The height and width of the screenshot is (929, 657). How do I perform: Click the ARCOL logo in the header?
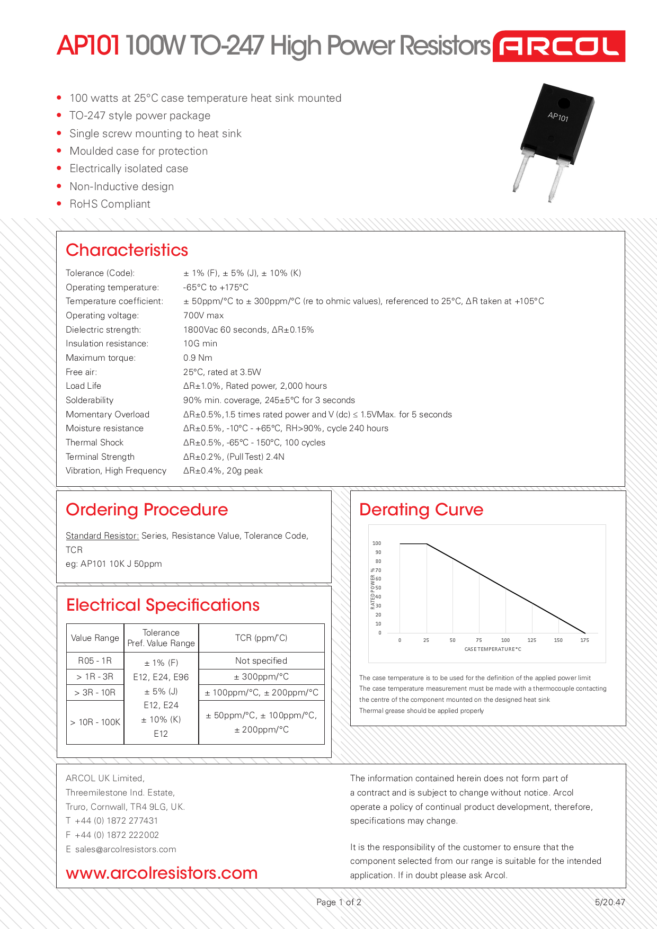558,46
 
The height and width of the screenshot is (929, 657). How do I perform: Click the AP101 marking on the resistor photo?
558,117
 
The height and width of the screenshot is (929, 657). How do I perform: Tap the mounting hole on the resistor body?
564,103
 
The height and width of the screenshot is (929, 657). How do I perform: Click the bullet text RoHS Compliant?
110,204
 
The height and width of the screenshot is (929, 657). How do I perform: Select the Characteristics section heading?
127,250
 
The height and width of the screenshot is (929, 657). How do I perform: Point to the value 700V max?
203,316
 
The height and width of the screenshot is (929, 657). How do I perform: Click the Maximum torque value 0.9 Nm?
198,358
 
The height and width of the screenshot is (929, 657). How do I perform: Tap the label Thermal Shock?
94,443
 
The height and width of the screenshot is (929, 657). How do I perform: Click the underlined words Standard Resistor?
102,536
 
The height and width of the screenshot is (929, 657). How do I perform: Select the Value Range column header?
95,638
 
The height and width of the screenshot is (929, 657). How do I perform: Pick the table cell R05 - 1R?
95,661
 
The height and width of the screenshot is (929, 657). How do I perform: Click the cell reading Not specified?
261,661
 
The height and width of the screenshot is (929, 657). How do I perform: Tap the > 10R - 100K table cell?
95,722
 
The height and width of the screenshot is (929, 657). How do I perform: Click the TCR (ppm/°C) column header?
261,638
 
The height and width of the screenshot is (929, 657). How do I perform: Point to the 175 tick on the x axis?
584,640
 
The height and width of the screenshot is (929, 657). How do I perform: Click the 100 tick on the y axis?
377,543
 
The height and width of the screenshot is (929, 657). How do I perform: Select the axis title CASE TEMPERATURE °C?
492,649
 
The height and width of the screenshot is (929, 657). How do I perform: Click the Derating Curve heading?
421,510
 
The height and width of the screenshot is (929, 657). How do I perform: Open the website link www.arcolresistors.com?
162,873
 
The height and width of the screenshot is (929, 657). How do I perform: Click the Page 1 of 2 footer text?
339,903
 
